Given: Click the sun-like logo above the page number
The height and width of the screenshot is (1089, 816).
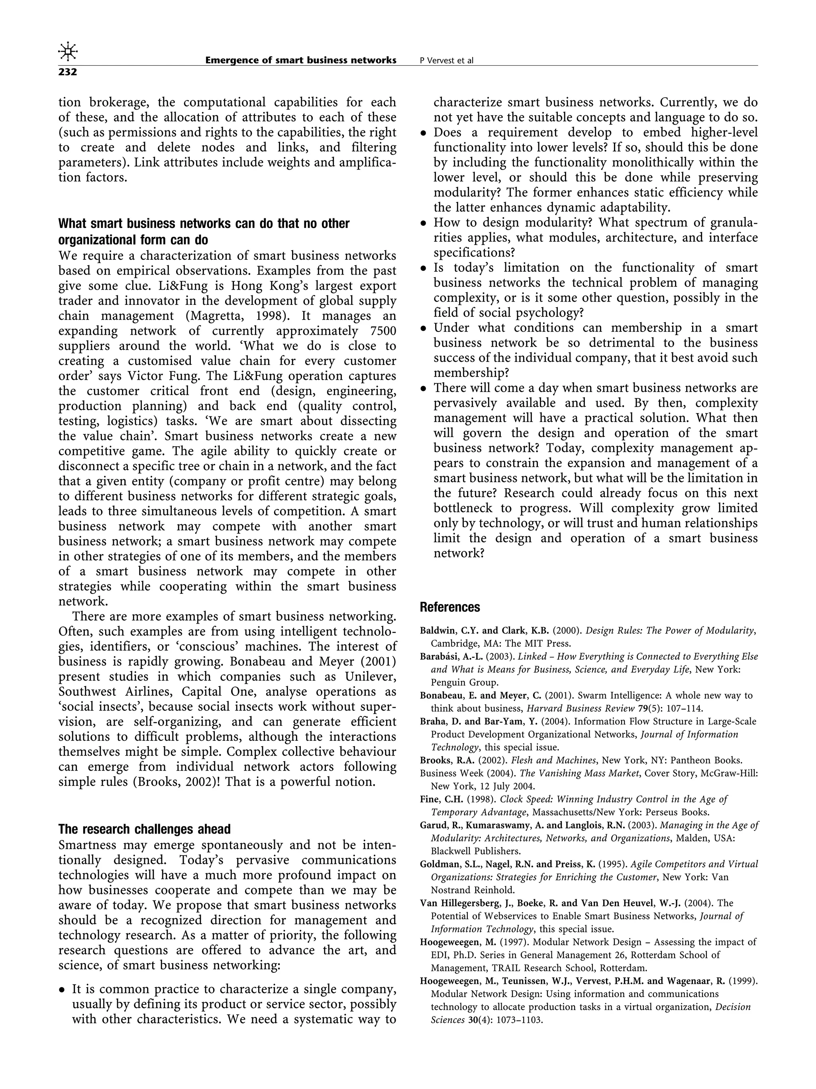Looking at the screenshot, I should coord(68,51).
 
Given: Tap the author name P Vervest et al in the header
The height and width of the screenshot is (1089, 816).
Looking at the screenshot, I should coord(446,61).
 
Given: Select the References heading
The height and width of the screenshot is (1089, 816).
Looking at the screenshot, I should coord(449,607).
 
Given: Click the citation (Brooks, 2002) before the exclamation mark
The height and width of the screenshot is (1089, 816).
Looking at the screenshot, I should coord(175,782).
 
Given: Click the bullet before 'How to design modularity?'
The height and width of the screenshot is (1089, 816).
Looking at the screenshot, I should coord(423,224).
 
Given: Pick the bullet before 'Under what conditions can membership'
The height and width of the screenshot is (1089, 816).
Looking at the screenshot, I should coord(423,329).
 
